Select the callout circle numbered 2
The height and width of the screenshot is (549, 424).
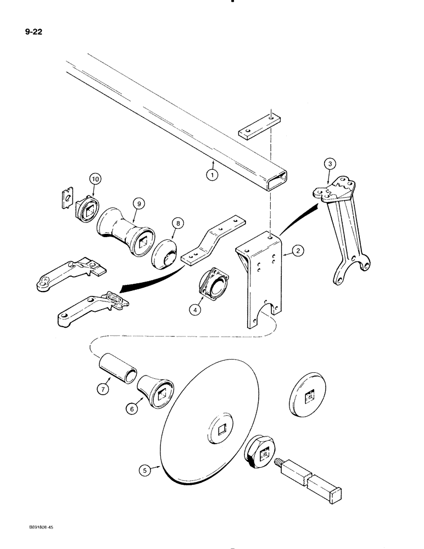pyautogui.click(x=297, y=251)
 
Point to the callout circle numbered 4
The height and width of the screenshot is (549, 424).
pyautogui.click(x=195, y=309)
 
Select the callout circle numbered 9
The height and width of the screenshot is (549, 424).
pyautogui.click(x=140, y=204)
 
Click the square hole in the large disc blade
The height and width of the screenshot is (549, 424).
pyautogui.click(x=222, y=425)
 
